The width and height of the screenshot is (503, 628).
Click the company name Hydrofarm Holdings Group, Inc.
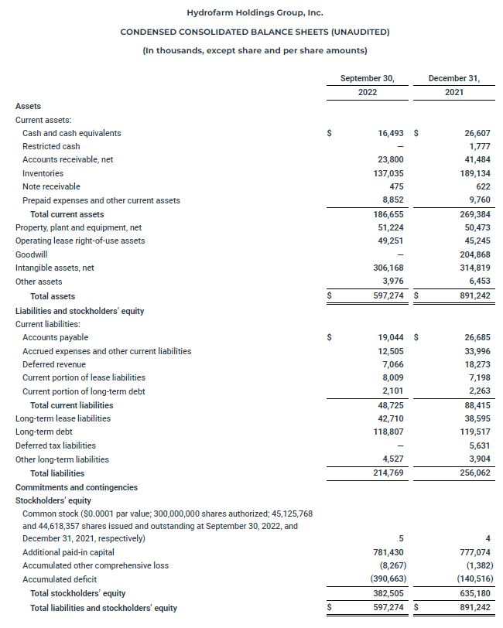click(255, 12)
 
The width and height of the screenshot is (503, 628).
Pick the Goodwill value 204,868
click(474, 254)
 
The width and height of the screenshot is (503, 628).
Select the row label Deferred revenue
click(54, 364)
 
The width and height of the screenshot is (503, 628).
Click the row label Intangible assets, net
click(54, 268)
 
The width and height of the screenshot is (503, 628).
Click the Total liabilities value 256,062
click(474, 473)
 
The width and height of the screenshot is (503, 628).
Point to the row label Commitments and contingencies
click(77, 487)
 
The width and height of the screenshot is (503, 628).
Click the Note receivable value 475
click(395, 186)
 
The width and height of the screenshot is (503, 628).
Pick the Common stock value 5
click(401, 538)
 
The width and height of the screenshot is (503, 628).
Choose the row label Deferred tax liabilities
click(56, 445)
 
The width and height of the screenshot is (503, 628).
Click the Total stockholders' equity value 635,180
click(474, 594)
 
